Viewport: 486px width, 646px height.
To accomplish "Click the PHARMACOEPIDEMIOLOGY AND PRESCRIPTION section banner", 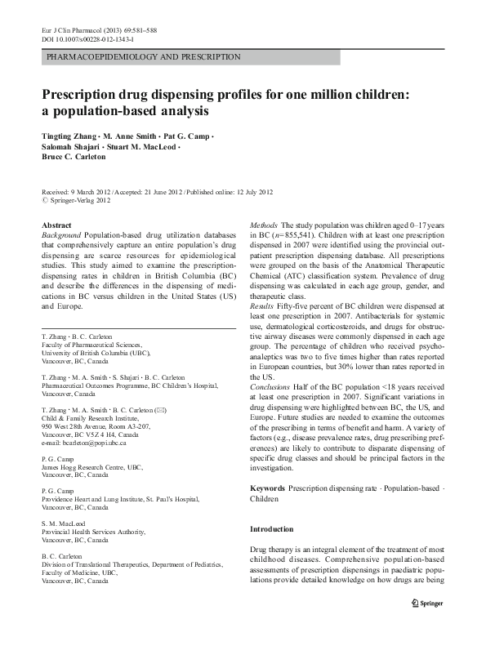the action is pos(144,57).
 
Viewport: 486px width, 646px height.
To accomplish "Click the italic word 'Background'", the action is pos(65,235).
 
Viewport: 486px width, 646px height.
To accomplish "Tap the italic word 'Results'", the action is pos(261,303).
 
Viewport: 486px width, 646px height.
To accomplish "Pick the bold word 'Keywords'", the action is pos(267,487).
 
